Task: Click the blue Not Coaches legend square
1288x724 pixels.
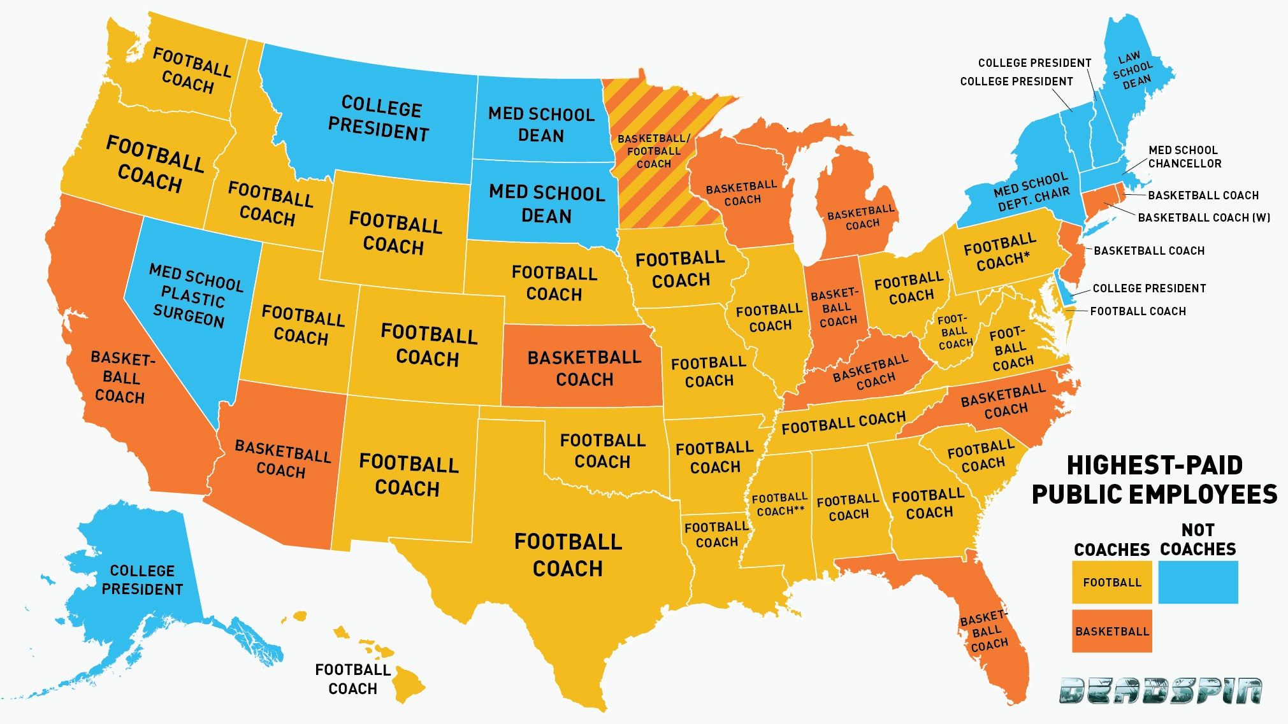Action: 1198,581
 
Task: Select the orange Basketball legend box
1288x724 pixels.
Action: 1111,631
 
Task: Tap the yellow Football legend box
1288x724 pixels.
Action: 1111,582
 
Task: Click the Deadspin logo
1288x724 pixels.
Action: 1160,691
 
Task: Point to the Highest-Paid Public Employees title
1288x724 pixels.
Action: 1154,479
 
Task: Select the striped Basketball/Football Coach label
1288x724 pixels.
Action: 654,151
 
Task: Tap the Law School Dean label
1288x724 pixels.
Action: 1134,70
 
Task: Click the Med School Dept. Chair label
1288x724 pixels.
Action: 1032,192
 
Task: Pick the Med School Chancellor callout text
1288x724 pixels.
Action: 1184,157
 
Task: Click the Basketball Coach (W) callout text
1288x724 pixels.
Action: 1203,218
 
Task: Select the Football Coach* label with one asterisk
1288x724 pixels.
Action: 1001,252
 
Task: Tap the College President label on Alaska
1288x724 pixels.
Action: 142,579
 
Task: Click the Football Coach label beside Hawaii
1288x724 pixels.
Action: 352,679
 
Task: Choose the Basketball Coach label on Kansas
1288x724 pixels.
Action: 584,368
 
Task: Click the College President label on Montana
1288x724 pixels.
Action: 379,118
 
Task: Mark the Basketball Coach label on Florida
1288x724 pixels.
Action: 985,632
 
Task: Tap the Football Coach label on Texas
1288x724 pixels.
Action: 568,555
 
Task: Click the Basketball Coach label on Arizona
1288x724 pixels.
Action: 282,459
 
